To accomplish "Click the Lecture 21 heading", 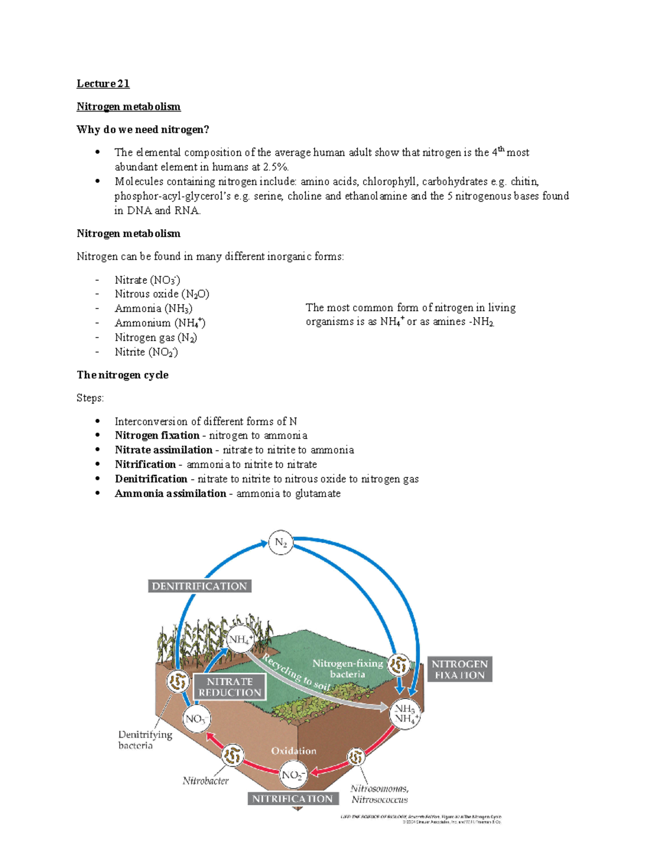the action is (103, 83).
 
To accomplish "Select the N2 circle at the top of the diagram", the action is (281, 543).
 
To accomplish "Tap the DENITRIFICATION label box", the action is (199, 586).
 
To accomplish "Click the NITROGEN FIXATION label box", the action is (460, 669).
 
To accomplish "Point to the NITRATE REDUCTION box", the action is (230, 687).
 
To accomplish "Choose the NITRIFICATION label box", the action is (292, 799).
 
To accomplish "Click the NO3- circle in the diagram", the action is (197, 719).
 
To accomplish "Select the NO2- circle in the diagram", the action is (293, 775).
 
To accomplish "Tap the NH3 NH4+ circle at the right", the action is (405, 714).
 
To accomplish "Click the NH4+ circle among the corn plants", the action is (240, 640).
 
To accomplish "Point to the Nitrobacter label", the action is (205, 781).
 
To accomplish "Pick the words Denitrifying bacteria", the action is (145, 740).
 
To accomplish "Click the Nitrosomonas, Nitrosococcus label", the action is (379, 794).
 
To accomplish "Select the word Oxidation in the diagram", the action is (294, 751).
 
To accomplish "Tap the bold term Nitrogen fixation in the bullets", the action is (157, 435).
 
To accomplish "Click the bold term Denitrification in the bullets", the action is (151, 479).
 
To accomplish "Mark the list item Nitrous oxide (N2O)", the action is (162, 294).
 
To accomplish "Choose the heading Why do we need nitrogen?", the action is (142, 129).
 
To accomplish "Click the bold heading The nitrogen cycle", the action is (122, 375).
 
